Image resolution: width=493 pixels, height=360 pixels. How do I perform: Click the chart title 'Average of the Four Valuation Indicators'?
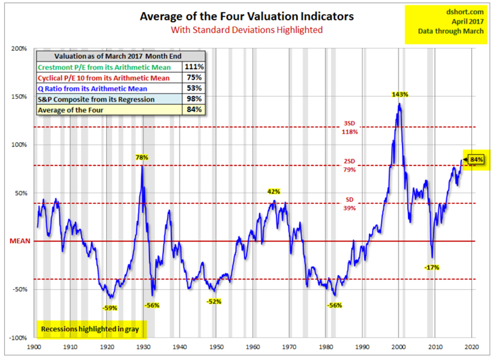pyautogui.click(x=247, y=16)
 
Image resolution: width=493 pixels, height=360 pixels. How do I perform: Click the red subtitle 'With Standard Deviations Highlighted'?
pyautogui.click(x=247, y=30)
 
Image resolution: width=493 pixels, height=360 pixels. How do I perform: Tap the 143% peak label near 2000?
pyautogui.click(x=400, y=95)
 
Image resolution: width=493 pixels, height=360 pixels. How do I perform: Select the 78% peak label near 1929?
pyautogui.click(x=141, y=157)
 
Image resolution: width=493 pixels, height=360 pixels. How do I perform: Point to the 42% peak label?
pyautogui.click(x=273, y=192)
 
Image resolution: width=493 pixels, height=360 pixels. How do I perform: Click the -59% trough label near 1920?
pyautogui.click(x=109, y=307)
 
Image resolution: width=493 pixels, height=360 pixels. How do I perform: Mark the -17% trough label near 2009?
pyautogui.click(x=432, y=267)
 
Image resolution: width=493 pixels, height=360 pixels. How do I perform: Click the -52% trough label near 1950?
pyautogui.click(x=214, y=301)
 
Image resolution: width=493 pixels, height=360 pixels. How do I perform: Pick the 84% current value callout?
pyautogui.click(x=477, y=159)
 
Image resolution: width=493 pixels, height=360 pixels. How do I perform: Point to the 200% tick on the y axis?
pyautogui.click(x=18, y=49)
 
